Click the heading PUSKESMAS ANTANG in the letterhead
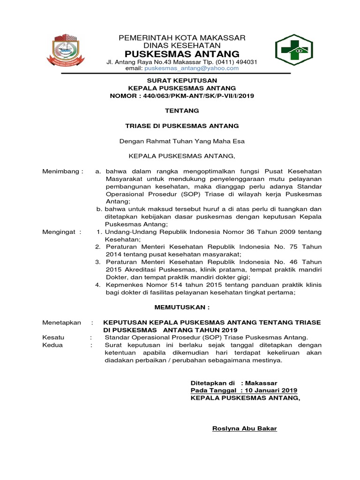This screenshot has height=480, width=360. click(182, 53)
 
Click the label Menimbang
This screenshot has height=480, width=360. click(62, 172)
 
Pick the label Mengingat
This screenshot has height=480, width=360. click(61, 232)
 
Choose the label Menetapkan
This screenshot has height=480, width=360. click(61, 322)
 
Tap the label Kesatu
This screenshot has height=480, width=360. click(53, 337)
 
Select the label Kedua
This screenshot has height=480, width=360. click(52, 345)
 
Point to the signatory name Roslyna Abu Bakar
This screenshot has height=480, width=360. click(245, 428)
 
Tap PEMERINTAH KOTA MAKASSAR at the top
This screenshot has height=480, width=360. click(182, 37)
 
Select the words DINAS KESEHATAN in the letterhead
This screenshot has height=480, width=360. click(182, 45)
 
